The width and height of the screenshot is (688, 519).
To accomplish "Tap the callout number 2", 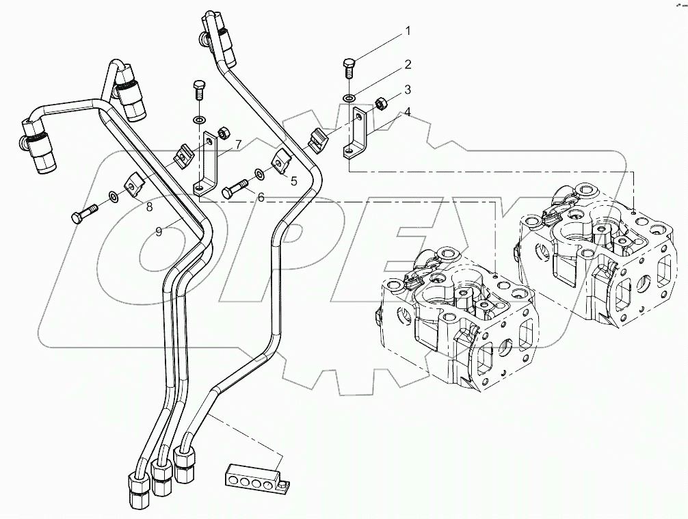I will click(407, 65).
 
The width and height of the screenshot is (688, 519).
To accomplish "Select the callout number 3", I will click(407, 90).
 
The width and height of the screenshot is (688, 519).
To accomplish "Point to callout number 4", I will click(407, 111).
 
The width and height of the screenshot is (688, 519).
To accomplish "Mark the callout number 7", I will click(238, 144).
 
